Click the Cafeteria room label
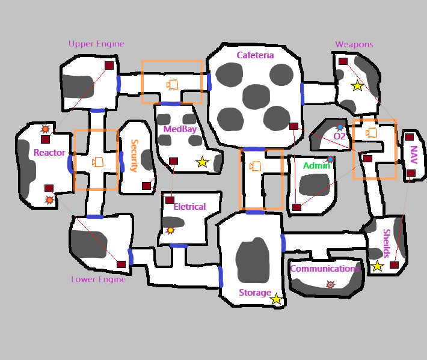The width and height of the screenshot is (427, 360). tap(255, 55)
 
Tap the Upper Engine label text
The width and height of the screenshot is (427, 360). tap(96, 44)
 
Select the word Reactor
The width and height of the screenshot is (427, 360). tap(49, 153)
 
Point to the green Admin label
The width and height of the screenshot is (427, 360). tap(316, 166)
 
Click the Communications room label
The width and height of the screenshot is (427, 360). tap(325, 269)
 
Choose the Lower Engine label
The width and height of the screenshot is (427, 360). tap(99, 279)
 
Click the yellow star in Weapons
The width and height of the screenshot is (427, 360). tap(357, 86)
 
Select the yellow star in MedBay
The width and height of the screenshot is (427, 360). tap(202, 162)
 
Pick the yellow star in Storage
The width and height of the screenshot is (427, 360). tap(276, 299)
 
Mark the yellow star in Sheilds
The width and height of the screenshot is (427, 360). tap(377, 266)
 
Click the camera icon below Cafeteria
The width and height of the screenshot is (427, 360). tap(256, 166)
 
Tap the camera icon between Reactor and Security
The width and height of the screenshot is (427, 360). tap(97, 162)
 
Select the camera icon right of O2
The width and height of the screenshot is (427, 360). tap(372, 132)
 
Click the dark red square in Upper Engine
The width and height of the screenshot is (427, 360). tap(109, 66)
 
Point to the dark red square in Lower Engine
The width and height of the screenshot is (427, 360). tap(121, 264)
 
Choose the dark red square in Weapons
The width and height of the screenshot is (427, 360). tap(343, 61)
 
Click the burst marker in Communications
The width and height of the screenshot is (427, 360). tap(330, 284)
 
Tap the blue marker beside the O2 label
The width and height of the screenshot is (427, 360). tap(340, 127)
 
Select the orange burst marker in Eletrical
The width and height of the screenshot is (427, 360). tap(170, 230)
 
